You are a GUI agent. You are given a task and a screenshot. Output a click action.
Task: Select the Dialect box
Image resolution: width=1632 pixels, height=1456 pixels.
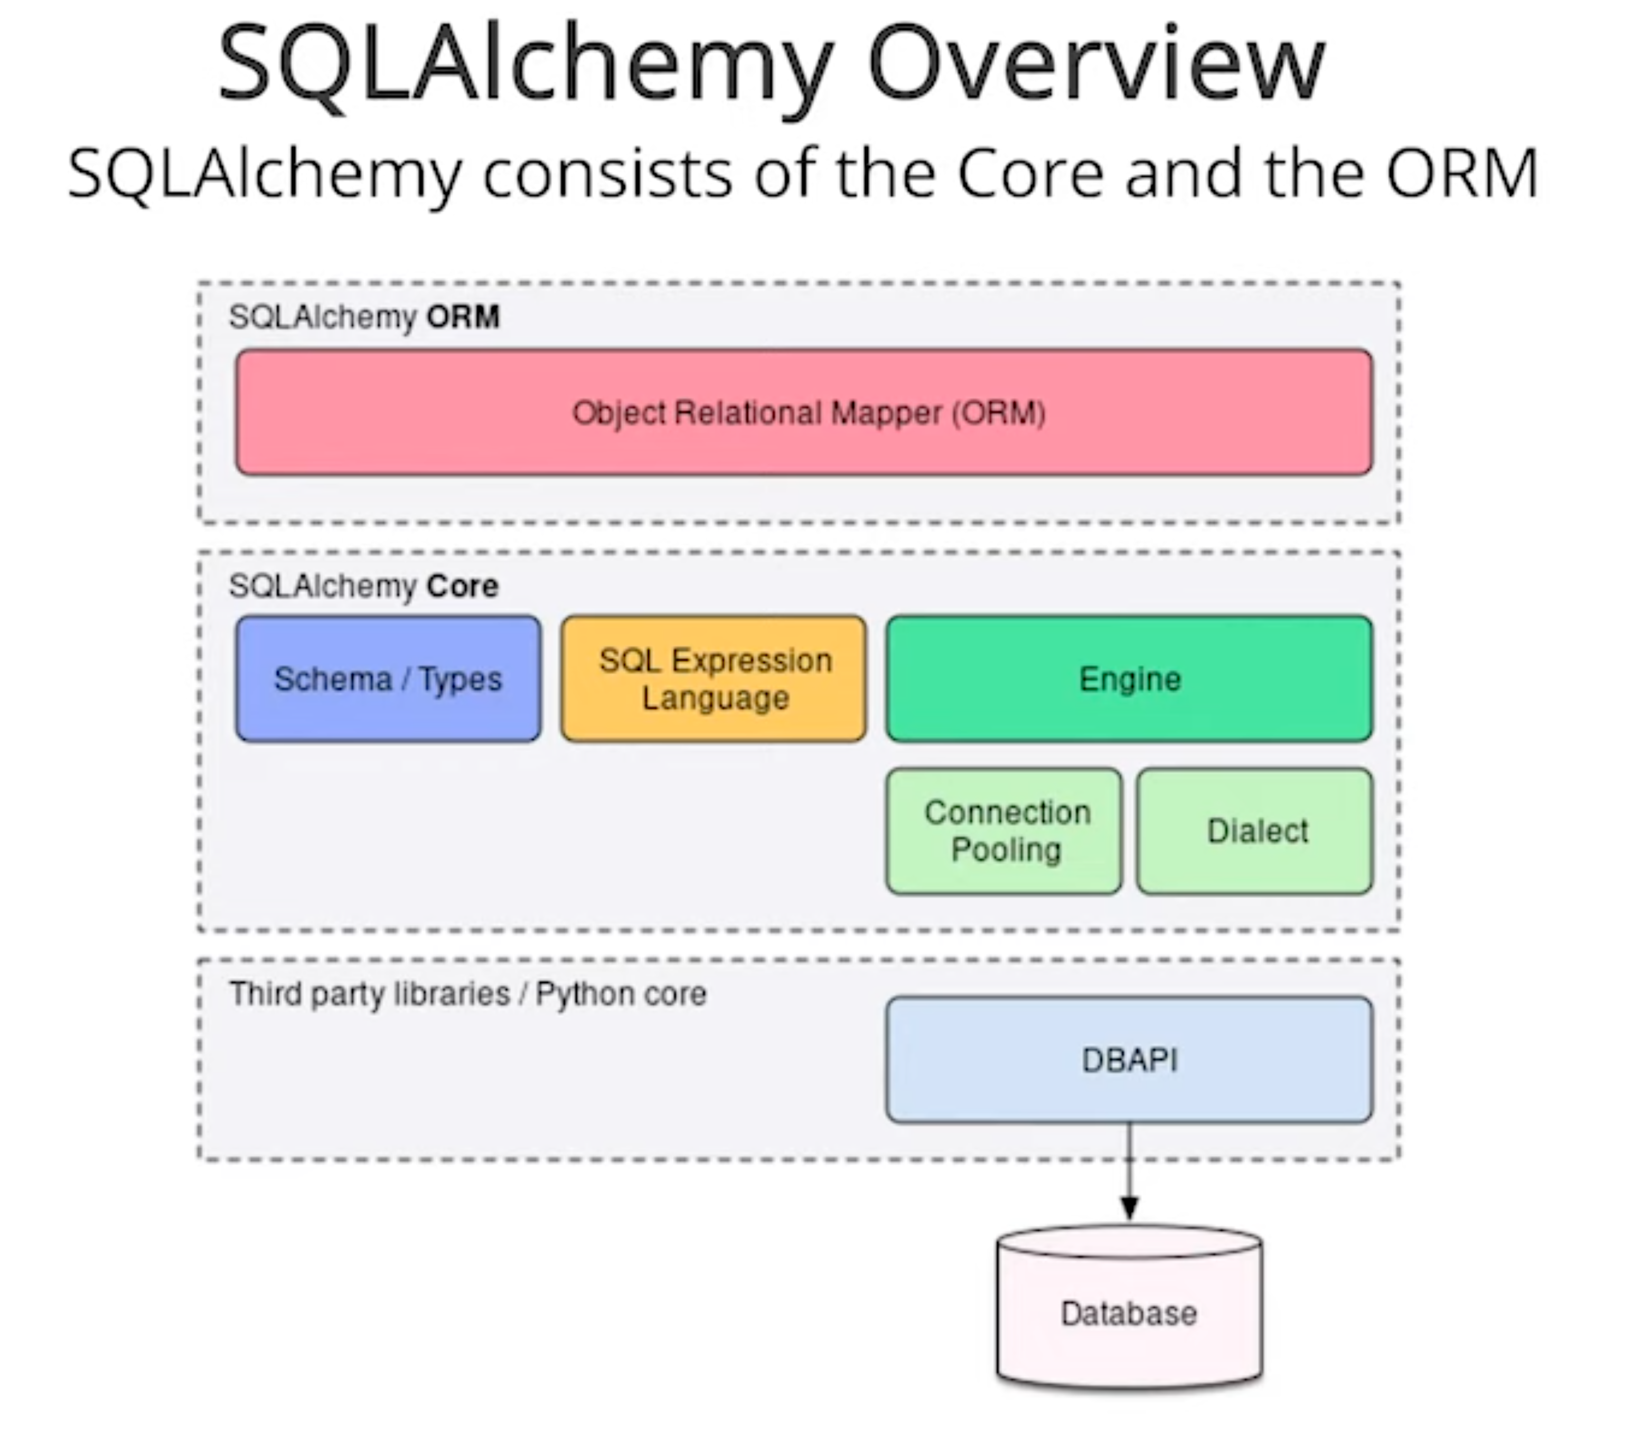pos(1254,830)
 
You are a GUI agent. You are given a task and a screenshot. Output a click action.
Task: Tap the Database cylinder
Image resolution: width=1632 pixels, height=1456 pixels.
pos(1129,1312)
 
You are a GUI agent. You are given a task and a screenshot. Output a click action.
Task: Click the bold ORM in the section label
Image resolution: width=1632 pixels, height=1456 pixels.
pos(463,317)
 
